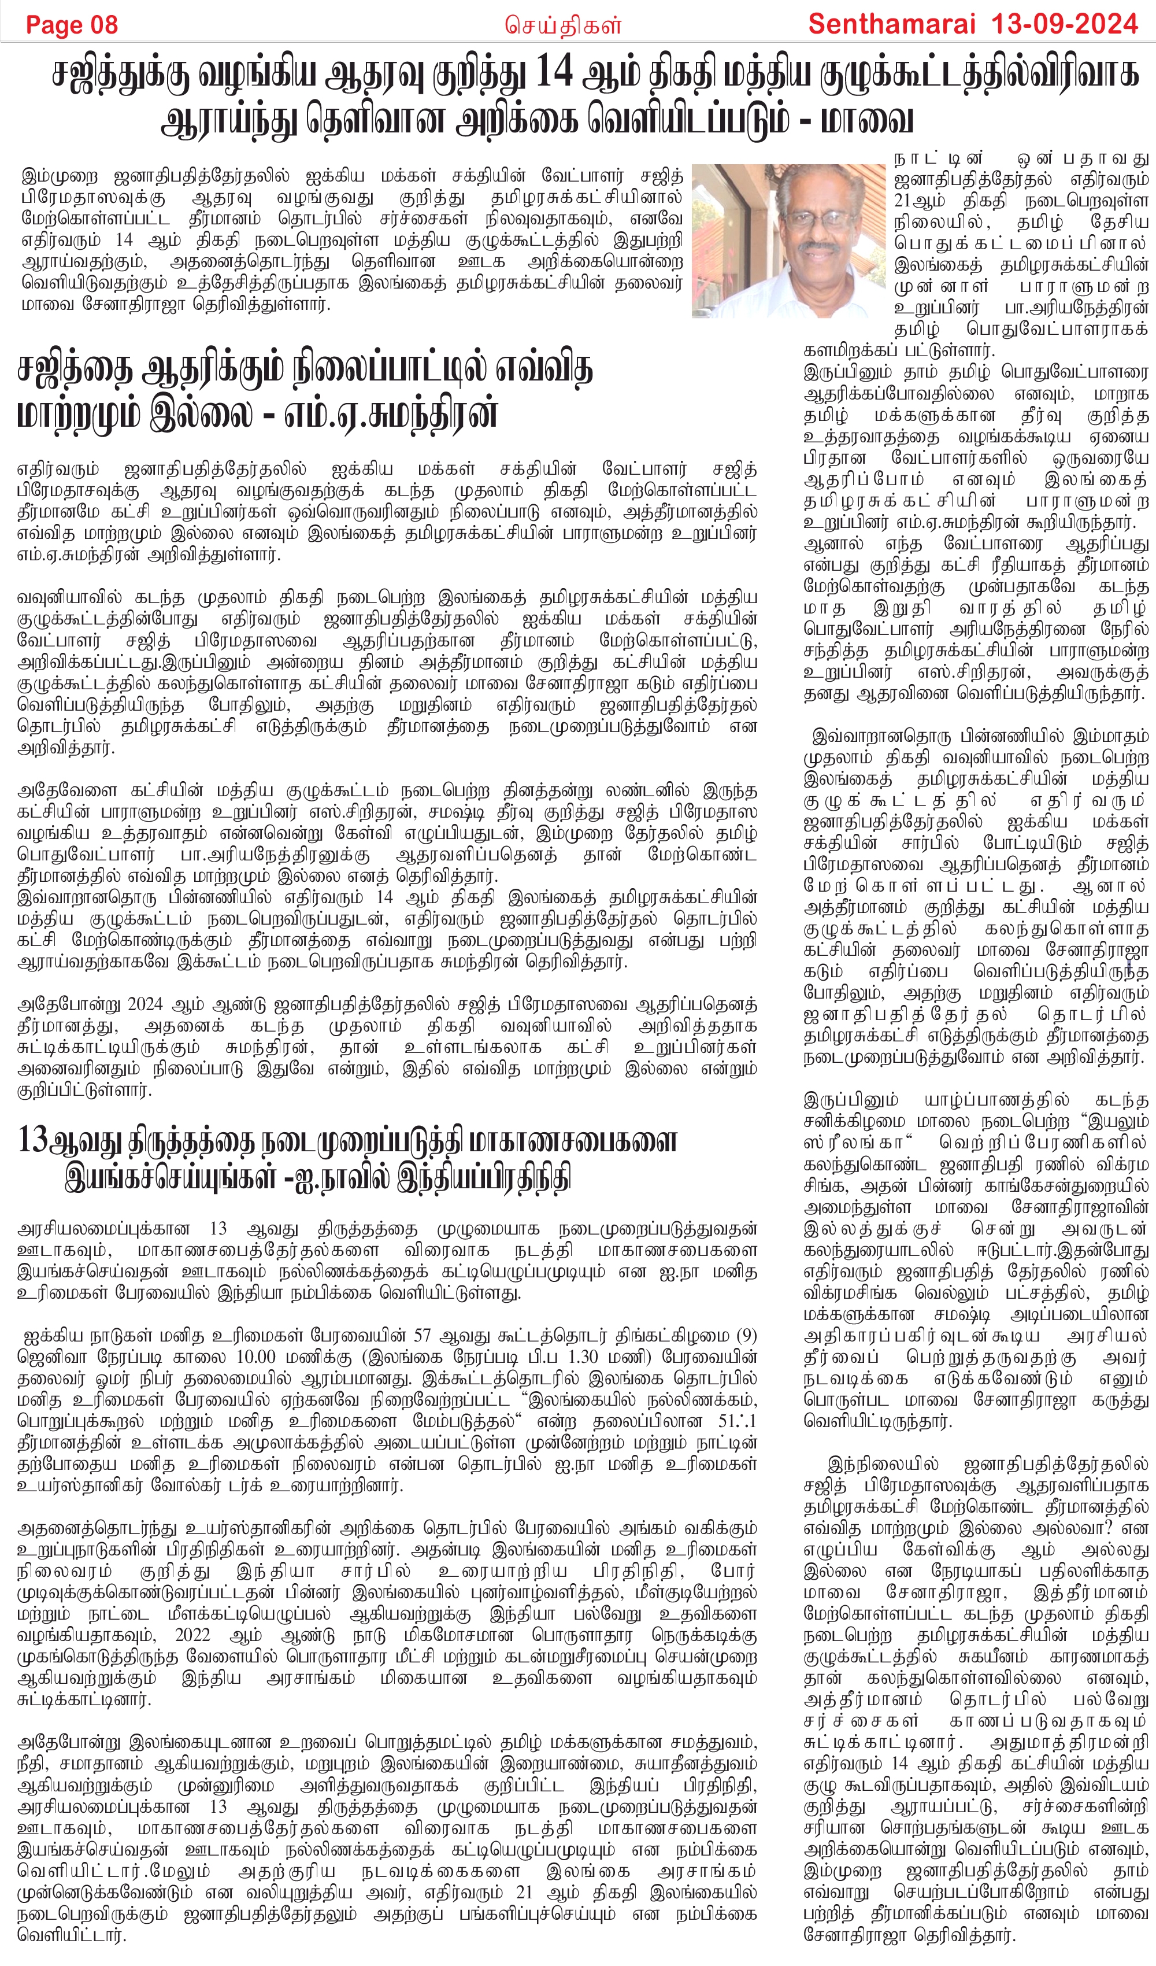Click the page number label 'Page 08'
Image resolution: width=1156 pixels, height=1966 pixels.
point(72,25)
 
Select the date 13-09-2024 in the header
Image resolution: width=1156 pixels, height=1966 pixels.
point(1064,24)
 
